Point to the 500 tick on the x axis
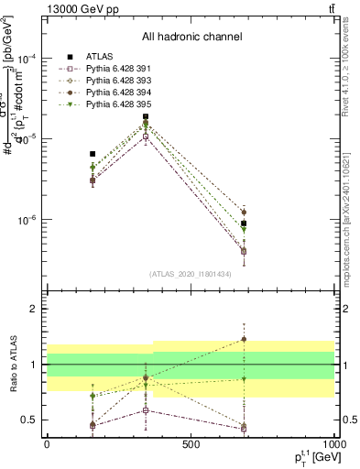pos(191,444)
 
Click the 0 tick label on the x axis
pos(47,444)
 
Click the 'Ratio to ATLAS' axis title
pos(12,364)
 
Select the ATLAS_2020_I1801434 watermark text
pos(191,274)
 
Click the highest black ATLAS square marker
pos(146,116)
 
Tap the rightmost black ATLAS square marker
pos(244,224)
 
